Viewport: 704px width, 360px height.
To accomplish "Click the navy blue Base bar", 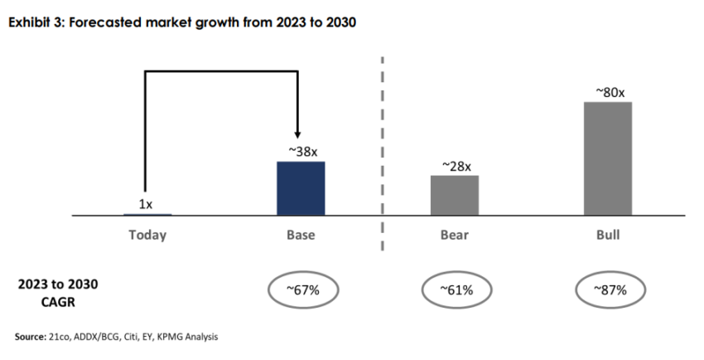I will click(x=301, y=188).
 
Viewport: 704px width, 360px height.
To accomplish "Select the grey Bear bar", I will click(x=455, y=195).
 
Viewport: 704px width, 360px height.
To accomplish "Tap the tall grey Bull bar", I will click(x=608, y=158).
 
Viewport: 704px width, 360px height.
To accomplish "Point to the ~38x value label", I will click(x=301, y=151).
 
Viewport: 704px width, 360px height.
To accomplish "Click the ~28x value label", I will click(x=455, y=166).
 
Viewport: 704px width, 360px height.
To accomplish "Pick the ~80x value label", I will click(x=609, y=92).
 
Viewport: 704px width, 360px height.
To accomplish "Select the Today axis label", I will click(x=147, y=235).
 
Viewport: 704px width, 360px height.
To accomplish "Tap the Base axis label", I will click(x=301, y=235).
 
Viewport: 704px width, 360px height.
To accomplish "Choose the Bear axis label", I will click(x=455, y=235).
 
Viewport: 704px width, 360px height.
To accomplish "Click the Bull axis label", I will click(x=608, y=235).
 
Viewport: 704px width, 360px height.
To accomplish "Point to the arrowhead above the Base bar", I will click(x=296, y=134).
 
